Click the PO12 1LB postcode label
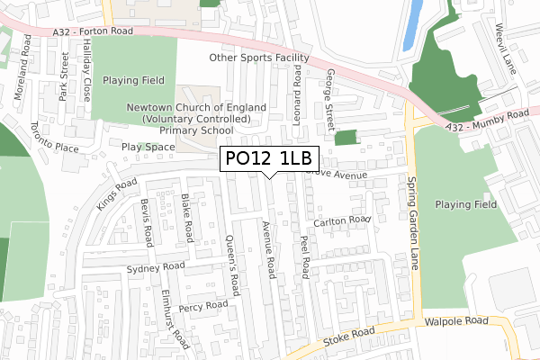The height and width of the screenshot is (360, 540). point(267,159)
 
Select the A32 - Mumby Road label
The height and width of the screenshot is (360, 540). point(487,121)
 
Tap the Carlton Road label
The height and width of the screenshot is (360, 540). point(342,220)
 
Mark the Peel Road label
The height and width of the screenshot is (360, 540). point(305,255)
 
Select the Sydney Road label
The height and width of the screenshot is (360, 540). point(156,267)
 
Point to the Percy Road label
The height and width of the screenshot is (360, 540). point(203,306)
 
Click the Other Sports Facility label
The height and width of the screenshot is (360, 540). point(259,58)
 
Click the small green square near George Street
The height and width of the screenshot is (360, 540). point(345,137)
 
